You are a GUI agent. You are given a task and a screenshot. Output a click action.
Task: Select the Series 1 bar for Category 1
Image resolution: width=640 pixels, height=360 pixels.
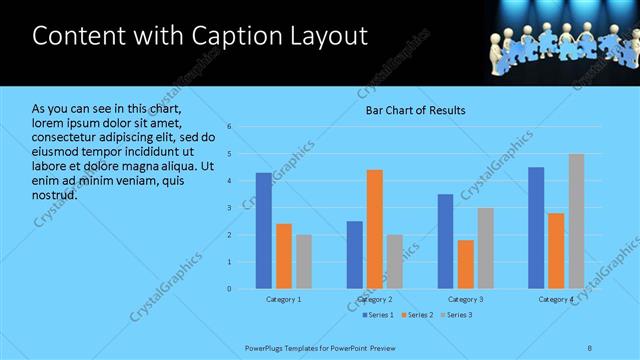(263, 231)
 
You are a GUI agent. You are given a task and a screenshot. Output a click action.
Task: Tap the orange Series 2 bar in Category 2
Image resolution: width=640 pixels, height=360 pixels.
(375, 229)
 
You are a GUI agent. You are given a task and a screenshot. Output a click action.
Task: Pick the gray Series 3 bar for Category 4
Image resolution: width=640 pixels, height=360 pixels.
(576, 221)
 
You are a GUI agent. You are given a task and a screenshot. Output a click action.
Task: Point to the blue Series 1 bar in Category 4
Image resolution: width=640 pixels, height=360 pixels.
(536, 228)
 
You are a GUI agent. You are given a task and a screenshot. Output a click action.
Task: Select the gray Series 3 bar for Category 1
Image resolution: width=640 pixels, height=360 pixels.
(303, 262)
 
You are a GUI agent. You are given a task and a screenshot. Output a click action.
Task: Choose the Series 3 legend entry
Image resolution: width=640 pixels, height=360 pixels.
(456, 315)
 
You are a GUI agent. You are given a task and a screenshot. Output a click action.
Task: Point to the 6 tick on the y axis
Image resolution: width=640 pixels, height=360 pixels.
(229, 127)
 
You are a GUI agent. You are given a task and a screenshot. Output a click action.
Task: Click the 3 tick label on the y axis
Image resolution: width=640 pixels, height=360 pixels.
(229, 208)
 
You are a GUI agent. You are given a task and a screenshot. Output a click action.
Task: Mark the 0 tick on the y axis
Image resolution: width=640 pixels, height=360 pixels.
(229, 289)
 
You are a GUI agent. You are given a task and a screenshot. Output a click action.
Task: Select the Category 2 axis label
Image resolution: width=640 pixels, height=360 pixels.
(375, 299)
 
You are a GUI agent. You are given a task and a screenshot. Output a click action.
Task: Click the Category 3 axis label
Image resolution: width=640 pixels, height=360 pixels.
(466, 299)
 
